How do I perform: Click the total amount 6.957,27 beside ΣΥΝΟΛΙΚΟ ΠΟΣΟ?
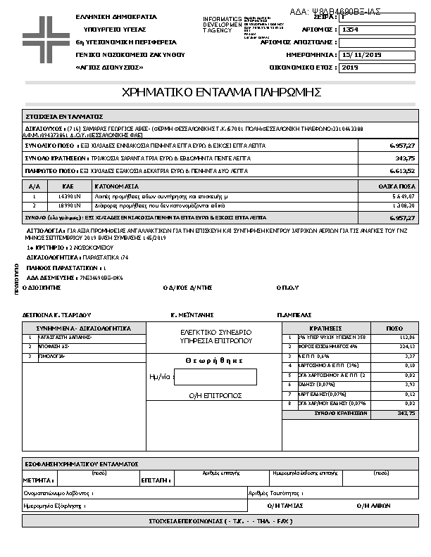(x=402, y=146)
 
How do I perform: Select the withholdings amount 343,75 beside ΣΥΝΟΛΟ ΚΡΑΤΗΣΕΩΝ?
(x=405, y=158)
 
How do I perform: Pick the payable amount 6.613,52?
(x=402, y=171)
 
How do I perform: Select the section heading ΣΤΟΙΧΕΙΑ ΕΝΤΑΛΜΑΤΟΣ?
(x=64, y=116)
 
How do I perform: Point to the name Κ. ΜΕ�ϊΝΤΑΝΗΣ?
(x=192, y=315)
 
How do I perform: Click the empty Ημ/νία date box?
(x=215, y=378)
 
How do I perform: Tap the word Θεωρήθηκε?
(x=214, y=361)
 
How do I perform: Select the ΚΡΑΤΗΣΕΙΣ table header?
(x=325, y=328)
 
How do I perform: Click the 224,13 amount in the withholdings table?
(x=406, y=347)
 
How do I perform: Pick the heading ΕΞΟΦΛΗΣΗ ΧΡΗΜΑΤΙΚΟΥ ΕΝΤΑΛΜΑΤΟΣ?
(x=80, y=465)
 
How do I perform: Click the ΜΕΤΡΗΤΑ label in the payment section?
(x=39, y=480)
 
